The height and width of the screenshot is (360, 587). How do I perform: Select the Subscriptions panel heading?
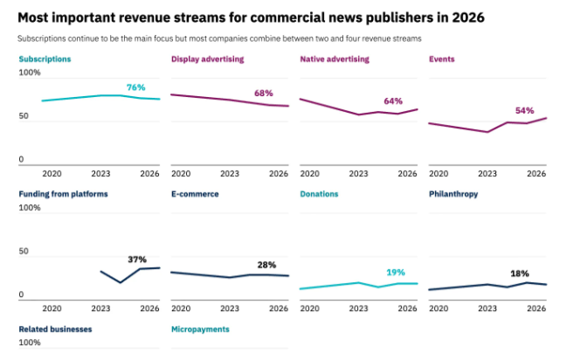click(x=45, y=59)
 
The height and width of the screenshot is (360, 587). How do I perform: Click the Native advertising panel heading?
click(x=335, y=59)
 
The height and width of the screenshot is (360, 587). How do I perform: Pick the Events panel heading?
click(x=442, y=59)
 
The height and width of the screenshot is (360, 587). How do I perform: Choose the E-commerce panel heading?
click(x=195, y=194)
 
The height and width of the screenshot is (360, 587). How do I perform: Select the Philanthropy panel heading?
click(x=453, y=194)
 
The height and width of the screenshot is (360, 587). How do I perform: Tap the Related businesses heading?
click(x=55, y=329)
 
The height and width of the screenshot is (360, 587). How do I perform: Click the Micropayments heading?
click(x=200, y=329)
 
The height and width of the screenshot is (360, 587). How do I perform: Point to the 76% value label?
click(x=136, y=87)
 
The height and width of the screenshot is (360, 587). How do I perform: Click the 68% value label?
click(x=264, y=93)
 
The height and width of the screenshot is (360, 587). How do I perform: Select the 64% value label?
click(x=392, y=100)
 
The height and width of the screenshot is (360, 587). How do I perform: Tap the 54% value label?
click(x=524, y=110)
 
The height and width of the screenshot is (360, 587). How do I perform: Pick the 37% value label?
click(x=136, y=260)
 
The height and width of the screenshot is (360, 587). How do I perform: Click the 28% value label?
click(x=266, y=265)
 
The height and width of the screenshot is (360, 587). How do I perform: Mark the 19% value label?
click(x=396, y=272)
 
